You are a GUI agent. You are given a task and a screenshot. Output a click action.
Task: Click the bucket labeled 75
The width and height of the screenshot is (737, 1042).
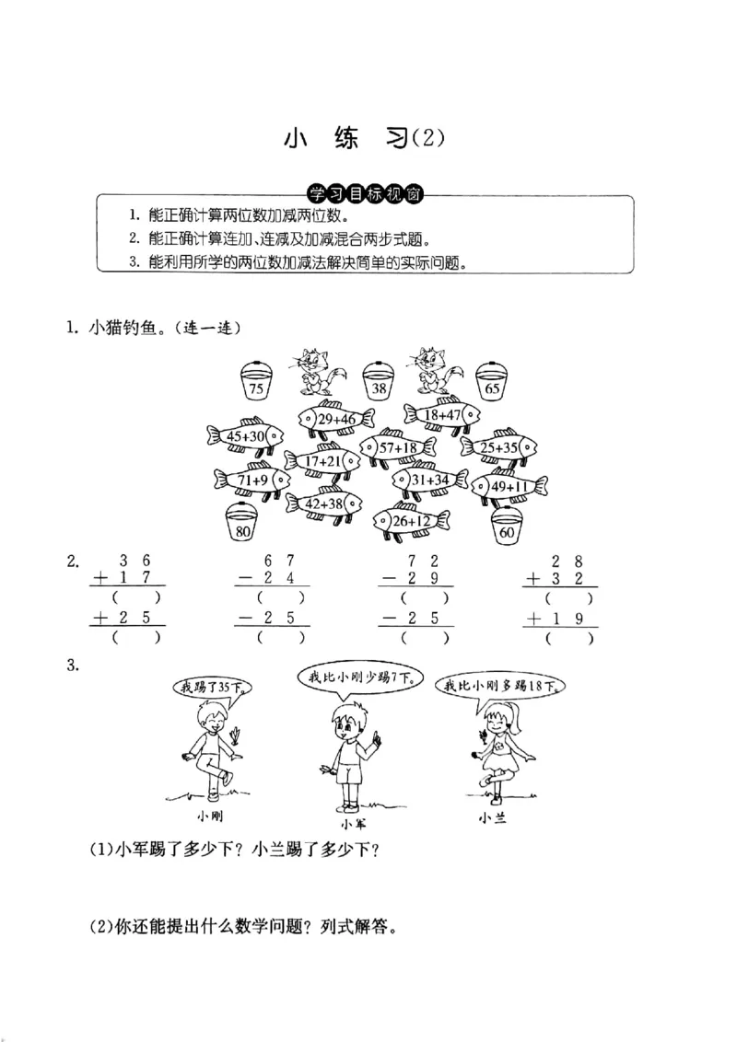[x=257, y=383]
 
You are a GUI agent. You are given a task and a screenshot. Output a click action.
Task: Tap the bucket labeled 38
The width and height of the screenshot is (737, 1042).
[x=378, y=383]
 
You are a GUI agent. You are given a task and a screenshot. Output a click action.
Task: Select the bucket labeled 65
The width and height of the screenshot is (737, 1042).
[x=492, y=383]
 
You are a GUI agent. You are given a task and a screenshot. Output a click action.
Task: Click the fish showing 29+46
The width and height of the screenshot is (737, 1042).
[x=335, y=419]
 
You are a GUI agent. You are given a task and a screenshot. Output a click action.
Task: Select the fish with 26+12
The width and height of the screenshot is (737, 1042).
[x=412, y=522]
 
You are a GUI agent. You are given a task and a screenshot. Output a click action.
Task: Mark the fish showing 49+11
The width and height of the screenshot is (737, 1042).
[x=509, y=486]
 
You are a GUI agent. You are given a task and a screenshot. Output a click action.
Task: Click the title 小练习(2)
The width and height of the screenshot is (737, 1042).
[x=365, y=138]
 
